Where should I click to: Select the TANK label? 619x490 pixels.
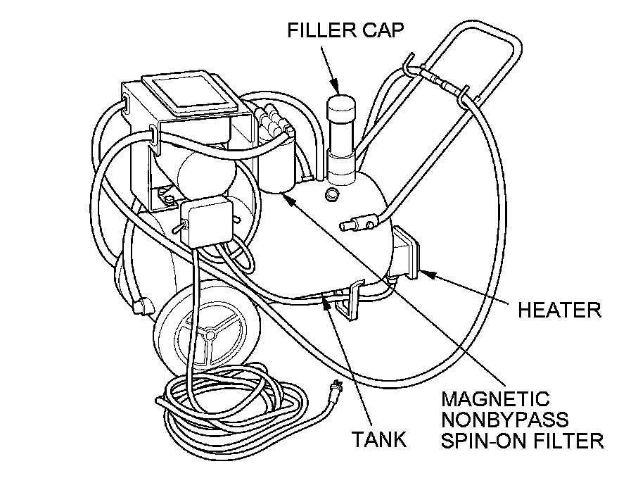pyautogui.click(x=380, y=440)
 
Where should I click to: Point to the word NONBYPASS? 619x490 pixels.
pyautogui.click(x=505, y=420)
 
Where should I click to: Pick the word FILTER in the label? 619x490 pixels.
pyautogui.click(x=568, y=441)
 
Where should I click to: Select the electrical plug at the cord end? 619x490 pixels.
pyautogui.click(x=336, y=386)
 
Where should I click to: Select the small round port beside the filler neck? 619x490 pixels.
pyautogui.click(x=331, y=192)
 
